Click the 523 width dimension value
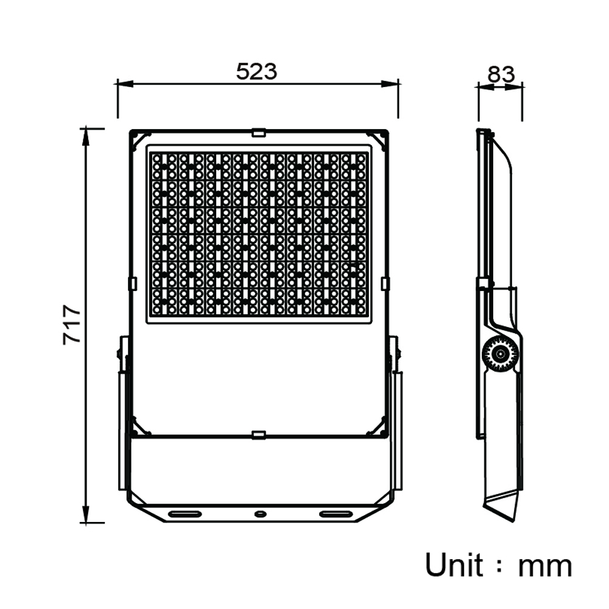pyautogui.click(x=257, y=71)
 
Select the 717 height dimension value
pyautogui.click(x=72, y=325)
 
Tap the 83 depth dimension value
pyautogui.click(x=501, y=74)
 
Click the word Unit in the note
pyautogui.click(x=454, y=565)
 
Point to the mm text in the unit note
pyautogui.click(x=545, y=568)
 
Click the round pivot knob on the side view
pyautogui.click(x=500, y=354)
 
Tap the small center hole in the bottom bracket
pyautogui.click(x=259, y=514)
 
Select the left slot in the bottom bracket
pyautogui.click(x=185, y=514)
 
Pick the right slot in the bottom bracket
pyautogui.click(x=336, y=514)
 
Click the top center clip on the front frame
pyautogui.click(x=258, y=132)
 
